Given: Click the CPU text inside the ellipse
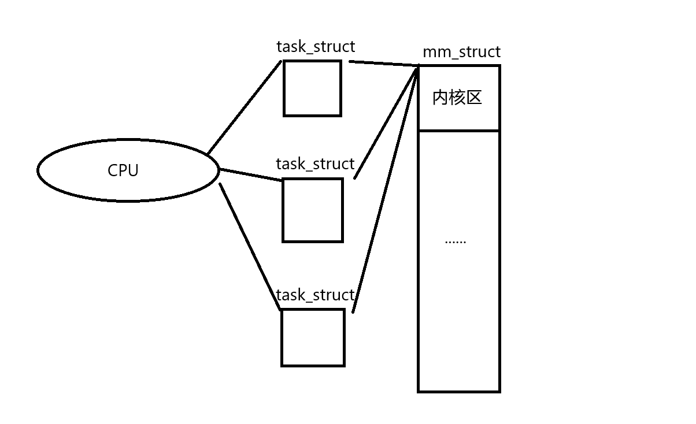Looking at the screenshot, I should [123, 171].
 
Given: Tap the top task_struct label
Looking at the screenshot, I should [316, 47].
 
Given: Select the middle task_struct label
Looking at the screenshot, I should [315, 164].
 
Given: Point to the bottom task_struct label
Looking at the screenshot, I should [315, 295].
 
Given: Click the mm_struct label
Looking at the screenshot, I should [461, 52].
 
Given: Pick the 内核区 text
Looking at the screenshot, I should [457, 98].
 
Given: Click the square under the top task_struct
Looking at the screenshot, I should [312, 88].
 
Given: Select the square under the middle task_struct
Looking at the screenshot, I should [313, 210].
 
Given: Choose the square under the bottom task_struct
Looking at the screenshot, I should [313, 337].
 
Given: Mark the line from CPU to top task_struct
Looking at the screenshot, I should [244, 107].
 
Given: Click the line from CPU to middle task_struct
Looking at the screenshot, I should [251, 174].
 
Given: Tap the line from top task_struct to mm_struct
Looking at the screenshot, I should [384, 64].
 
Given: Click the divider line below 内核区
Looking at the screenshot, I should [458, 131].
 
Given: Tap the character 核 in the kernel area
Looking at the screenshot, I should [457, 98].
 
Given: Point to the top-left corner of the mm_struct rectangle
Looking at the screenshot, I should [419, 66].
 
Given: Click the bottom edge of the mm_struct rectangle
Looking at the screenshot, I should [458, 392].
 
